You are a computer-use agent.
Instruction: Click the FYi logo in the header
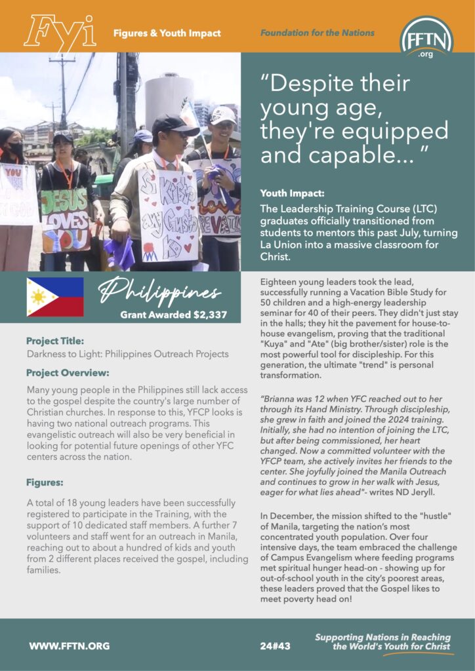click(x=60, y=32)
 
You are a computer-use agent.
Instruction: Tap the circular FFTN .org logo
click(x=426, y=37)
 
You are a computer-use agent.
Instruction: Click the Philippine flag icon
click(x=54, y=297)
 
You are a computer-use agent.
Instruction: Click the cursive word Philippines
click(x=160, y=292)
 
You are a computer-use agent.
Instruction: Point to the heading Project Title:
click(x=55, y=341)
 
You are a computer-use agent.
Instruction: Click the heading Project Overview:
click(x=68, y=373)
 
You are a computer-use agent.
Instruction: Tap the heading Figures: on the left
click(x=45, y=482)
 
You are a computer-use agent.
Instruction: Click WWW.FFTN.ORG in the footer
click(x=69, y=645)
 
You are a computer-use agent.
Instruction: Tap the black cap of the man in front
click(x=173, y=125)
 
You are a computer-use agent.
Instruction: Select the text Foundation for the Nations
click(x=318, y=33)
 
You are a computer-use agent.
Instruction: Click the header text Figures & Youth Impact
click(x=167, y=33)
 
